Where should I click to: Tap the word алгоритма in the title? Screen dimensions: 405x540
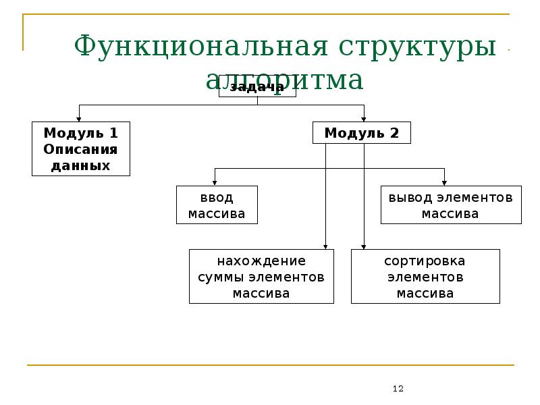(284, 80)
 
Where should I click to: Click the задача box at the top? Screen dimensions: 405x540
(257, 90)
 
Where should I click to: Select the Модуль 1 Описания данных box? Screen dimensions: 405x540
(80, 148)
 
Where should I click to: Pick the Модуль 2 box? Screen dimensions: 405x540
(361, 133)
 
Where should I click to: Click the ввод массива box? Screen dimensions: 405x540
(216, 205)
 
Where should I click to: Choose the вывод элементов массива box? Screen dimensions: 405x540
(450, 205)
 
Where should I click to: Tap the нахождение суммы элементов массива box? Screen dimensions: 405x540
(261, 277)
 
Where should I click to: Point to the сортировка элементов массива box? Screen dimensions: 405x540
(425, 277)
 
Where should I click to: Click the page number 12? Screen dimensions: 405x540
(398, 389)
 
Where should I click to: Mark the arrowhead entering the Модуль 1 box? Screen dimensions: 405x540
(79, 118)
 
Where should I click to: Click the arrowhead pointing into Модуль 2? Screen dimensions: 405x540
(364, 118)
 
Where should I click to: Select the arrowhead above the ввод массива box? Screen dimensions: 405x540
(215, 182)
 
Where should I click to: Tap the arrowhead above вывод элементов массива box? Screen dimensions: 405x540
(445, 182)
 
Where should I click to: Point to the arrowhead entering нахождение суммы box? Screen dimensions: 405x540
(326, 246)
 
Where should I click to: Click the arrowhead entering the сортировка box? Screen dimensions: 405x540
(364, 246)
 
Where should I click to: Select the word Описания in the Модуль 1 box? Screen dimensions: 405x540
(80, 149)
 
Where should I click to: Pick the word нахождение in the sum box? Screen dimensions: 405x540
(261, 261)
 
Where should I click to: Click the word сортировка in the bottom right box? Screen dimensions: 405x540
(425, 261)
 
